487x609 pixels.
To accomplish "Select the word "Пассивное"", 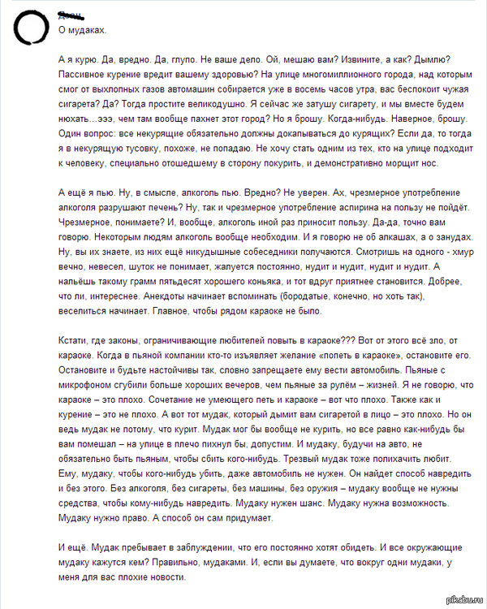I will tap(84, 74).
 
